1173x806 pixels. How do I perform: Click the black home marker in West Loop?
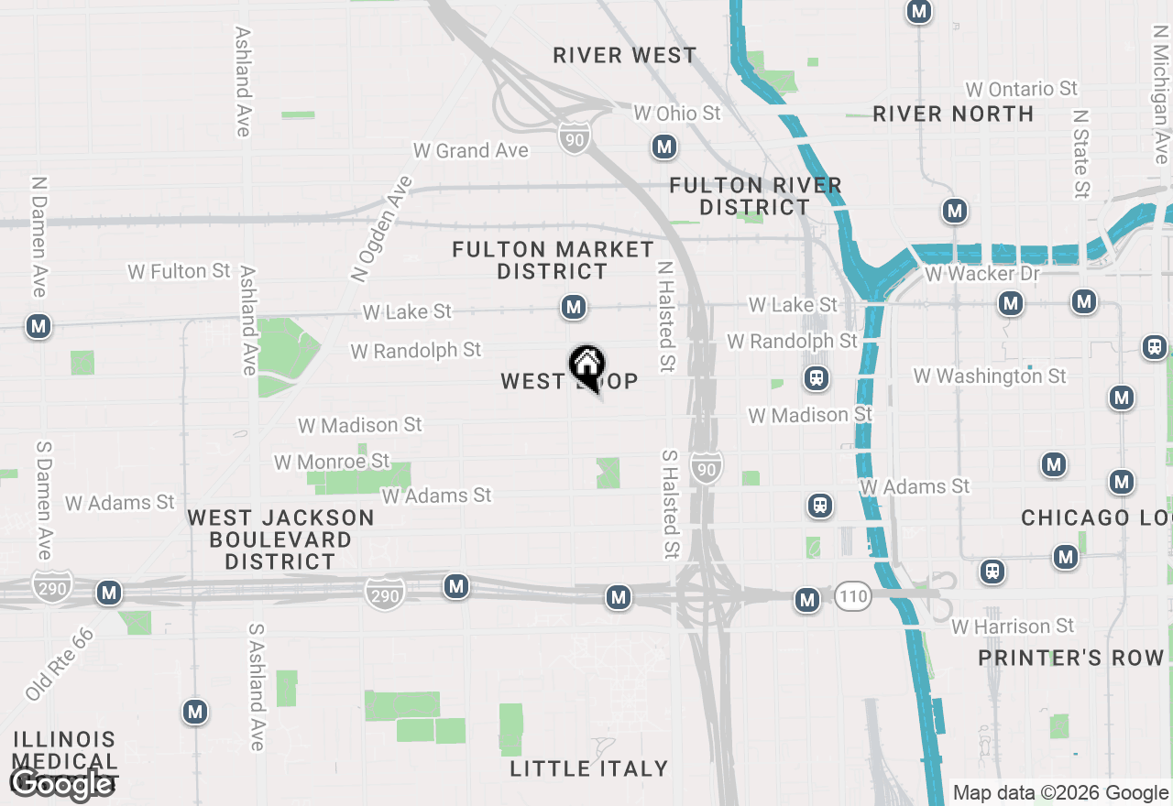tap(586, 366)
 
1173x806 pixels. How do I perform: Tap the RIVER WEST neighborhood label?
tap(625, 56)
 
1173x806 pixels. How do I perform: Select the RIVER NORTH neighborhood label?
tap(953, 114)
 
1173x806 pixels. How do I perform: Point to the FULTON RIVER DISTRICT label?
tap(755, 196)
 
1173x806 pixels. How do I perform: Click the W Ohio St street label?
tap(677, 114)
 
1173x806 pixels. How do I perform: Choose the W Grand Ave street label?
tap(471, 150)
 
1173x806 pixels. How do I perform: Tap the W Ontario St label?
tap(1022, 89)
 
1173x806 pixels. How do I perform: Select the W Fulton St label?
tap(180, 271)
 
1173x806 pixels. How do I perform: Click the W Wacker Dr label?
tap(982, 274)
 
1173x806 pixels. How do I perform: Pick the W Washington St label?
tap(990, 376)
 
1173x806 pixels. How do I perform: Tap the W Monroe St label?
tap(332, 462)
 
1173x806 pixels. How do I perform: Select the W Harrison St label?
tap(1013, 626)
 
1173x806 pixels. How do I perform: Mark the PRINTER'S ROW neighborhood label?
tap(1070, 658)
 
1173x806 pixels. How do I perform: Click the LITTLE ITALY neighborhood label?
tap(589, 768)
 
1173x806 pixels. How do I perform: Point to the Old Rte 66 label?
tap(60, 664)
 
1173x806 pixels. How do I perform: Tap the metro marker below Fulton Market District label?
tap(574, 307)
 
